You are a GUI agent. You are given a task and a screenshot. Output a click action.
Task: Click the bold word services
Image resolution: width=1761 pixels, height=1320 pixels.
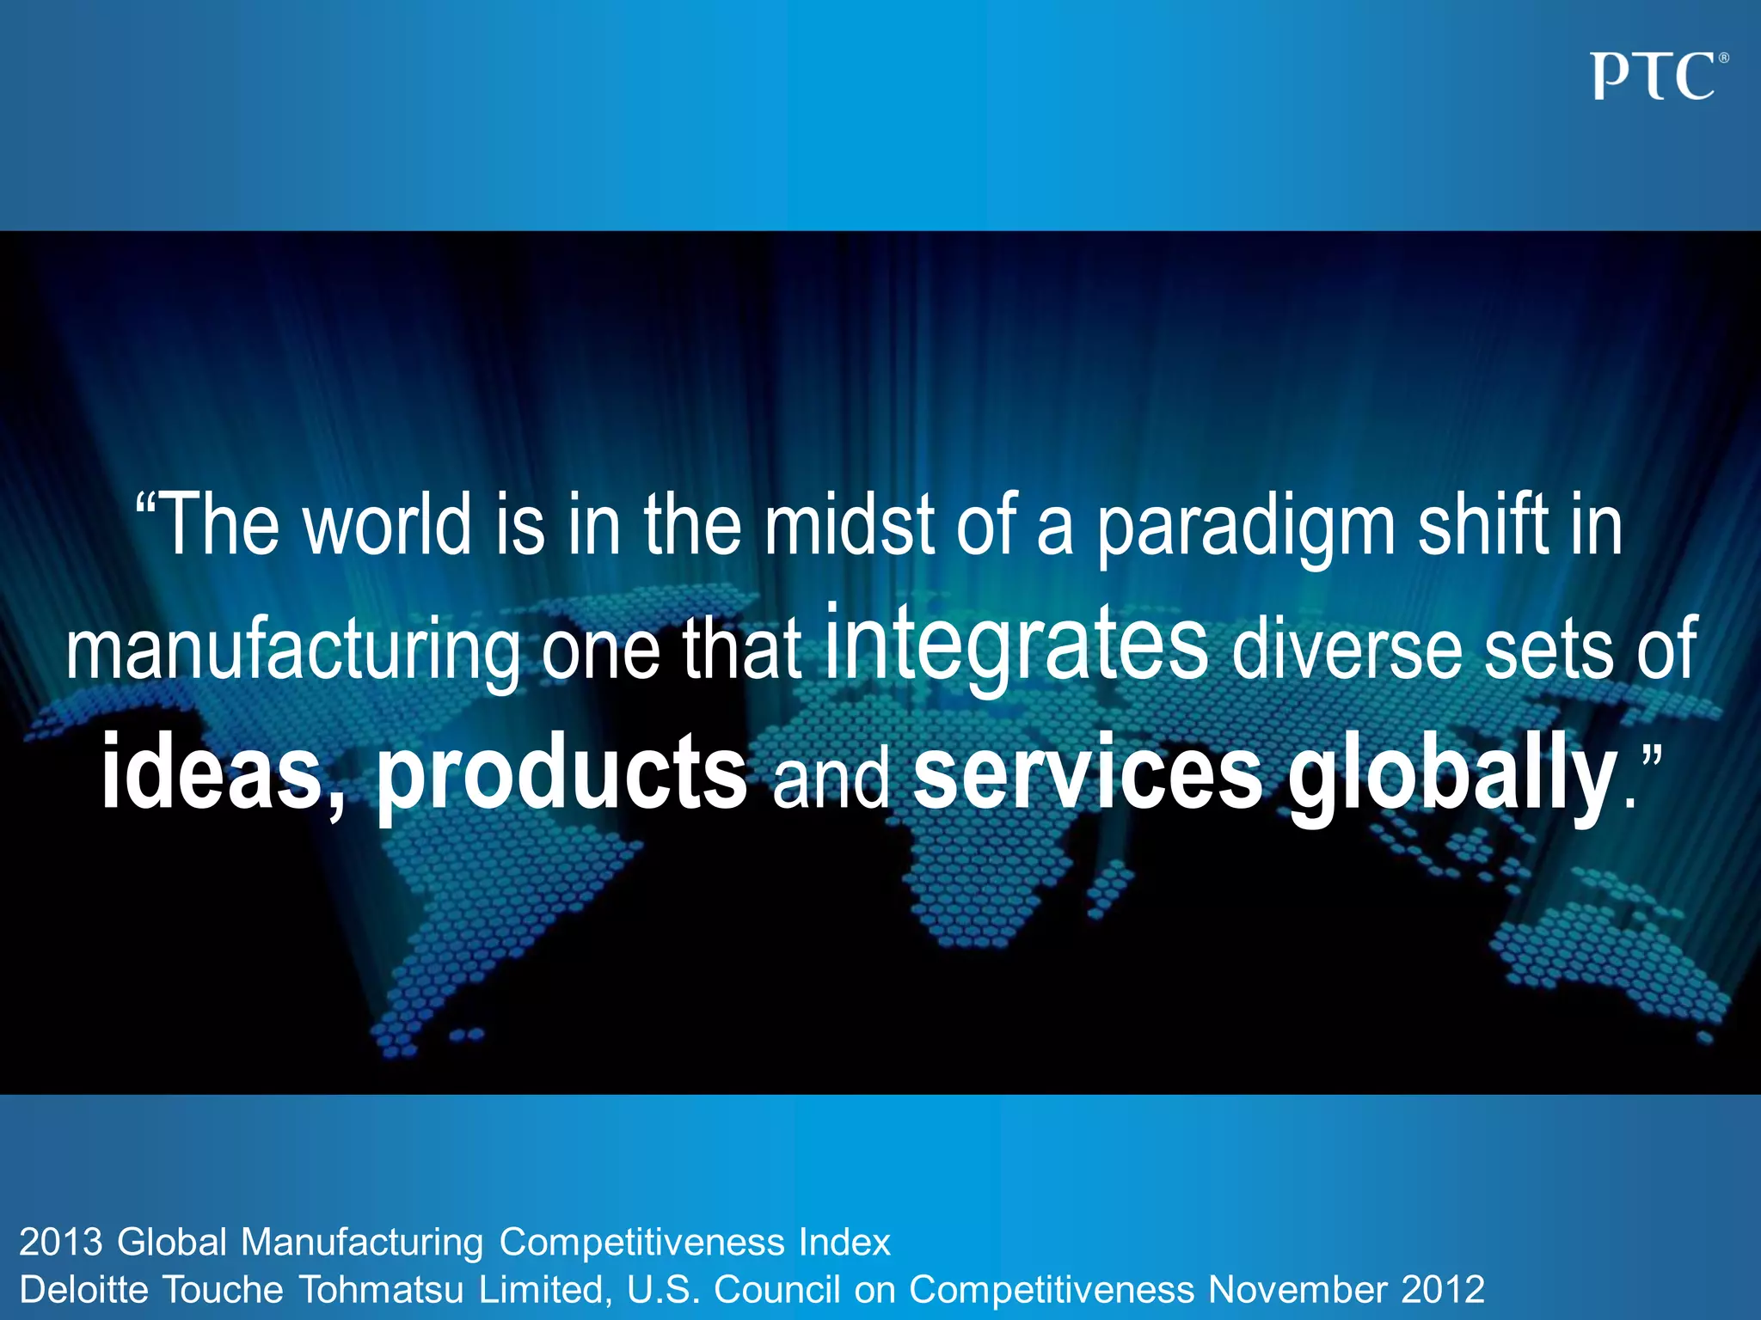tap(1087, 771)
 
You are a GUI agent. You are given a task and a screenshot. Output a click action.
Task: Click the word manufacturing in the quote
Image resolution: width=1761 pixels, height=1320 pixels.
tap(292, 653)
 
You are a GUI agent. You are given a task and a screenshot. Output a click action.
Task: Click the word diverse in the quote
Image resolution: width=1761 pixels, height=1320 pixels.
tap(1346, 650)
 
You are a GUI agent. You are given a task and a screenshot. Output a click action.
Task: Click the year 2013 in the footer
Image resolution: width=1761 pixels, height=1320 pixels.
tap(60, 1243)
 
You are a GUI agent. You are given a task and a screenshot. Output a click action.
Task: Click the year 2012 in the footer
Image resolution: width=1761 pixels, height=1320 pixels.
tap(1443, 1290)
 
